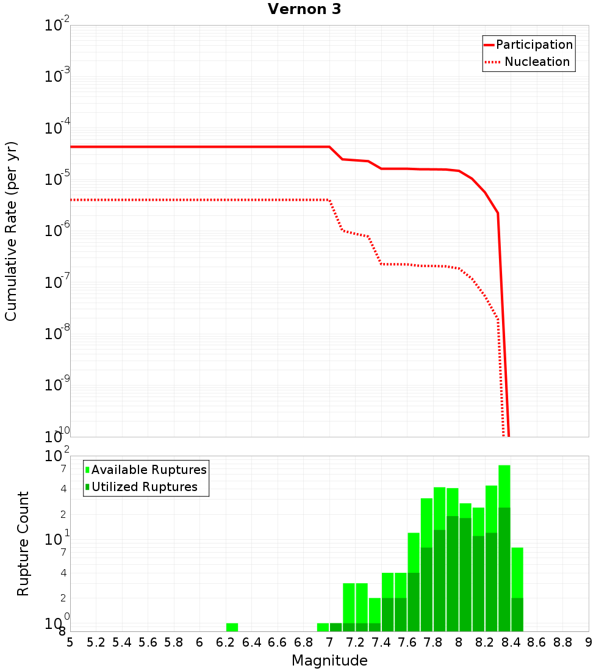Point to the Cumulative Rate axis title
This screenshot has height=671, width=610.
tap(11, 231)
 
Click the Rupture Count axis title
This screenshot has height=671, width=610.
tap(23, 544)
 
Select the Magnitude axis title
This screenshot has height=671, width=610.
tap(329, 661)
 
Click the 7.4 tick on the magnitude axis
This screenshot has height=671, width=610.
tap(381, 642)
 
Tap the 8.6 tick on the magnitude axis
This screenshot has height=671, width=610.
tap(537, 642)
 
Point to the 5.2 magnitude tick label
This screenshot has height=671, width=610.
tap(96, 642)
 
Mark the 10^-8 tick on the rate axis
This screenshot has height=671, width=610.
tap(57, 332)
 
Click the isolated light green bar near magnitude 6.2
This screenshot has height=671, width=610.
tap(232, 627)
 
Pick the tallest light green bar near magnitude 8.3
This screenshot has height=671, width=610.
tap(504, 486)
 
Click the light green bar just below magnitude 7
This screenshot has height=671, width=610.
tap(323, 627)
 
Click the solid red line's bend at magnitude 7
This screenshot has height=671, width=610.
tap(330, 147)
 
